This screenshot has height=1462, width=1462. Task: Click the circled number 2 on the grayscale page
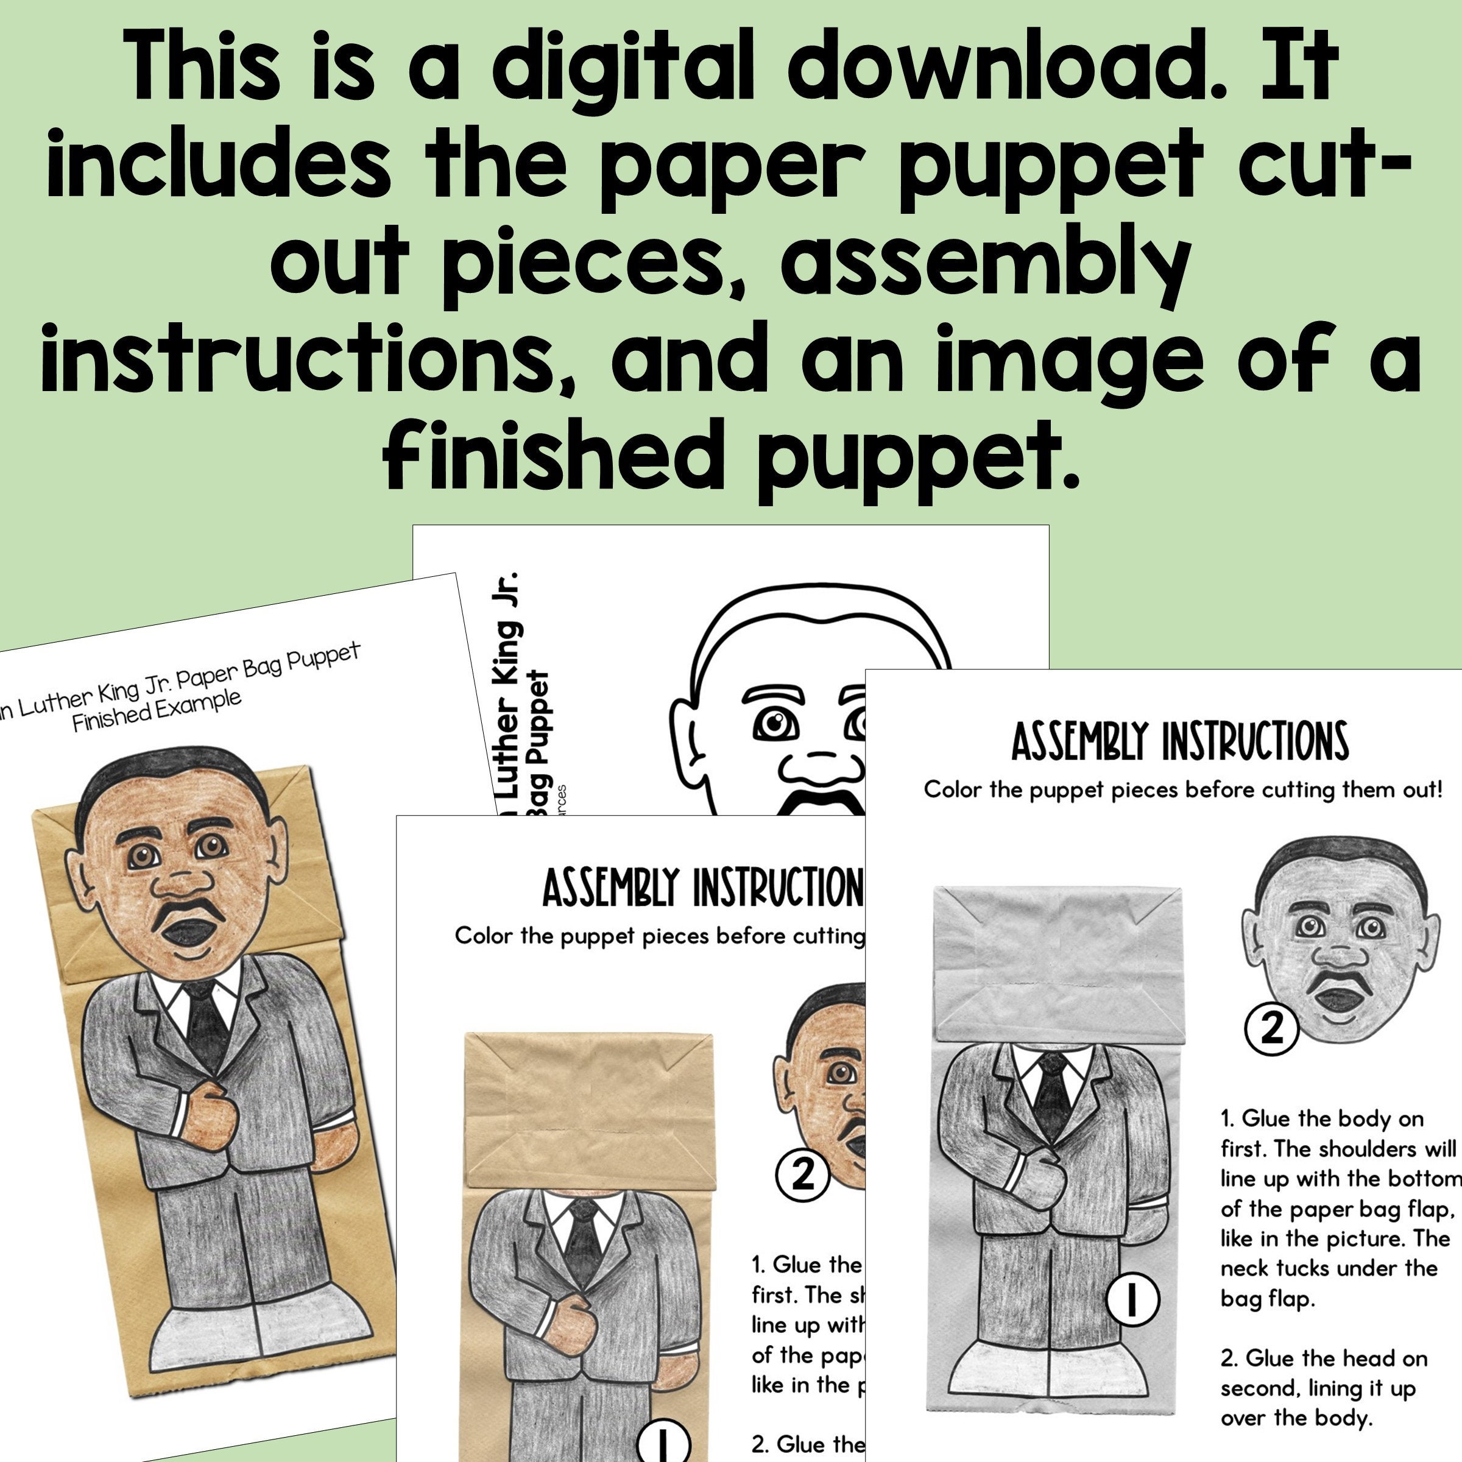click(x=1271, y=1029)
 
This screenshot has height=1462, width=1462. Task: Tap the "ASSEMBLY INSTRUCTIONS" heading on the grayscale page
click(x=1180, y=741)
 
